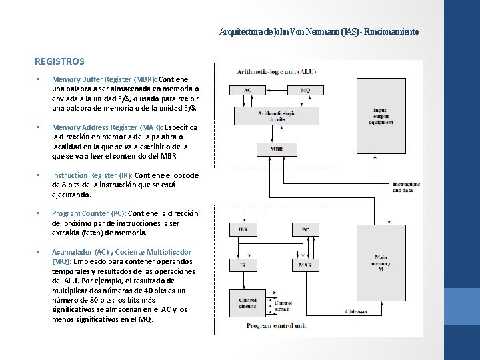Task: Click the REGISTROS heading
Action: coord(59,61)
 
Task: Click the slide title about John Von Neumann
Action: coord(319,31)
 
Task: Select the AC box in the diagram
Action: coord(247,90)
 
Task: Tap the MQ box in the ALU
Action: coord(305,90)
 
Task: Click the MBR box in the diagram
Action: coord(276,148)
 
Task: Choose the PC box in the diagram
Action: coord(305,229)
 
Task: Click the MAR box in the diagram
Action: coord(305,265)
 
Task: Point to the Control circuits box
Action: coord(247,303)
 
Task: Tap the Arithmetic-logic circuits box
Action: coord(276,115)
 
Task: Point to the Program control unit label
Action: coord(276,326)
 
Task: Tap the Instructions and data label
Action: coord(406,187)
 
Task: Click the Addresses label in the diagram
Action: coord(359,311)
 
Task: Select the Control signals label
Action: coord(283,306)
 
